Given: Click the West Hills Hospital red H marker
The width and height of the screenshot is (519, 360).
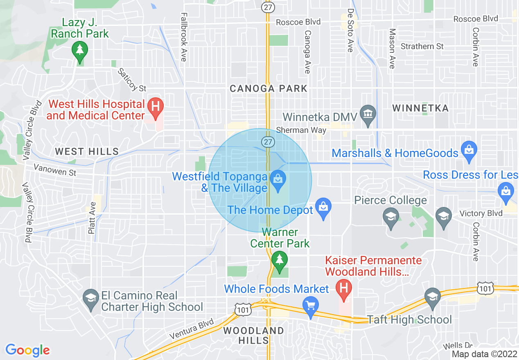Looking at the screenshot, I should point(156,106).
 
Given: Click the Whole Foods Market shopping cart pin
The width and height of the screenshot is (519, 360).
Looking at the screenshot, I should point(311,304).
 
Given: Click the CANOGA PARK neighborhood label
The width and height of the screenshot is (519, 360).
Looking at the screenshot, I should point(268,88).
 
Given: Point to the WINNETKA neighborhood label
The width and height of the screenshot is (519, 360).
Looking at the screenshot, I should point(420,108).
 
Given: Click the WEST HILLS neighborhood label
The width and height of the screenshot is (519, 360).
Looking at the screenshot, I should point(87,152).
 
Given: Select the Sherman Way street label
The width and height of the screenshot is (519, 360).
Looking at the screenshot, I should point(301,130).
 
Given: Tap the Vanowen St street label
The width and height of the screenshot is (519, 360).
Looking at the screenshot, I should point(55,169).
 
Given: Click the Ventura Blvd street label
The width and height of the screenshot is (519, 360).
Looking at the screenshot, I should point(192,329).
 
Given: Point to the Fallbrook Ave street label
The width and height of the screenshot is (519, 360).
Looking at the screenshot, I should point(183,36).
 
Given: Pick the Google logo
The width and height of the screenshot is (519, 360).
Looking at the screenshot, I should point(27,350).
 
